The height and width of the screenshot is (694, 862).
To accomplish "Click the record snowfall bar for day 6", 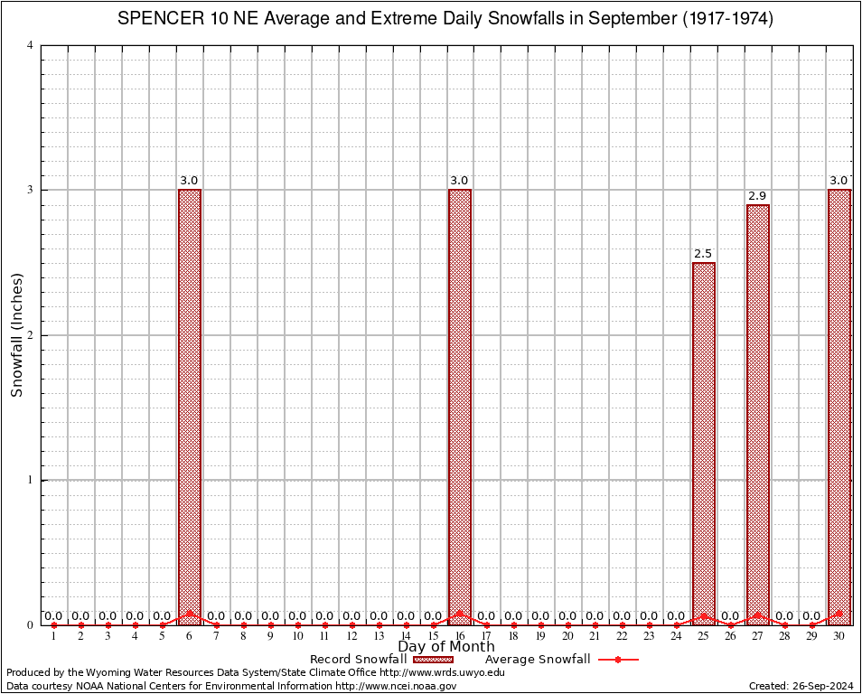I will (x=190, y=407).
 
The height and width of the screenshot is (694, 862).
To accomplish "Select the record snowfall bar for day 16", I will (x=460, y=407).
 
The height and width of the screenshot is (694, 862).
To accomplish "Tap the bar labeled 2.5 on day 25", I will (x=704, y=443).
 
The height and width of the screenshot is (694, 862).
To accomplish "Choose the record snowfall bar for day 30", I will (x=839, y=407).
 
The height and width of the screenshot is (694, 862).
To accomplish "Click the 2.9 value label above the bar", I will (x=757, y=196).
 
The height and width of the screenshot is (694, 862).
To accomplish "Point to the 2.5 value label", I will (x=703, y=254).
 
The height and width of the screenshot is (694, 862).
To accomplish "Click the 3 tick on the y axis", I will (x=31, y=190).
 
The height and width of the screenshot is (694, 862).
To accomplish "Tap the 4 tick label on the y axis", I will (x=31, y=45).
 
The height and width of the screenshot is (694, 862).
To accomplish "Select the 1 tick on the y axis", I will (x=31, y=480).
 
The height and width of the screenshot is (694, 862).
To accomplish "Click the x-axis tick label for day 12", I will (x=351, y=636).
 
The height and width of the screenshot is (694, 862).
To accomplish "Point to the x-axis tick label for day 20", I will (x=567, y=636).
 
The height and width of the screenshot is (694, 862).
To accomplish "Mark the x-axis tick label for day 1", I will (x=54, y=636).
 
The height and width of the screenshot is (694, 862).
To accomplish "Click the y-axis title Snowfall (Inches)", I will (x=16, y=335).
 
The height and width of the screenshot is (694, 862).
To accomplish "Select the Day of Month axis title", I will (x=446, y=646).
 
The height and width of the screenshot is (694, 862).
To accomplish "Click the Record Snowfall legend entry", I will (x=361, y=660).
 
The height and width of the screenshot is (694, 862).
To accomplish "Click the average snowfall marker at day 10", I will (x=297, y=624).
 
